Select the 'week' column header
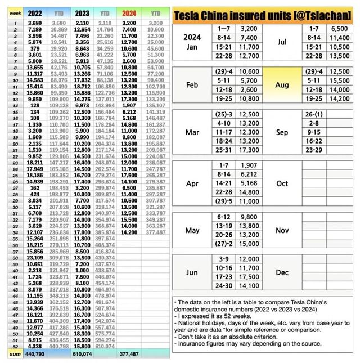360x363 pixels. pyautogui.click(x=15, y=12)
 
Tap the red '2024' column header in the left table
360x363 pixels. pyautogui.click(x=129, y=12)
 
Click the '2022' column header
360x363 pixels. pyautogui.click(x=35, y=12)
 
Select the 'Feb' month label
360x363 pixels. pyautogui.click(x=192, y=85)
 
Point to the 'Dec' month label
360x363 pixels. pyautogui.click(x=282, y=272)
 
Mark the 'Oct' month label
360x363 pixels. pyautogui.click(x=282, y=183)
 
